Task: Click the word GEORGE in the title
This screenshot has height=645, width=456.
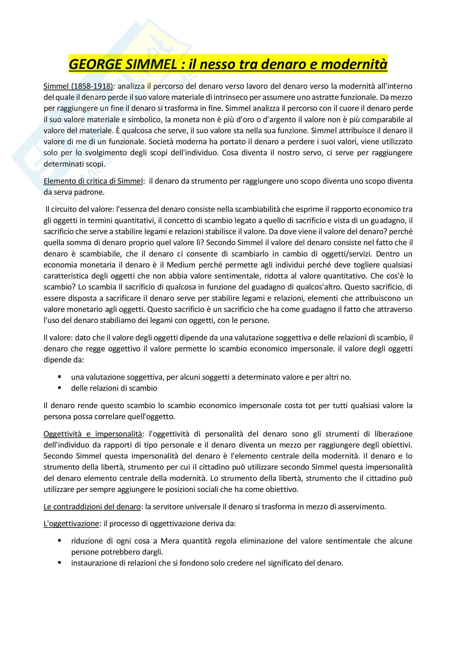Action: [95, 64]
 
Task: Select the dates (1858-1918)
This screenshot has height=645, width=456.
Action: [92, 86]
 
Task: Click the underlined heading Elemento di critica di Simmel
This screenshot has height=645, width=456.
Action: [93, 181]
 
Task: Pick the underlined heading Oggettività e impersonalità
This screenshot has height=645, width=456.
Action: [93, 434]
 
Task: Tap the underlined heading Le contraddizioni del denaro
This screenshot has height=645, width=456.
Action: [92, 507]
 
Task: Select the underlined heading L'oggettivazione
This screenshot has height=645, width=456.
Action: [71, 524]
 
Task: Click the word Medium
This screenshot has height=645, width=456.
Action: [181, 265]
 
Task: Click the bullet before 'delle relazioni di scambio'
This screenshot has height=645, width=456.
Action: [60, 388]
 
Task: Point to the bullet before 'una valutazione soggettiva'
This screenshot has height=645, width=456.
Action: [60, 377]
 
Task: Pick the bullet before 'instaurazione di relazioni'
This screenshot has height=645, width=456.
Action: [60, 563]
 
